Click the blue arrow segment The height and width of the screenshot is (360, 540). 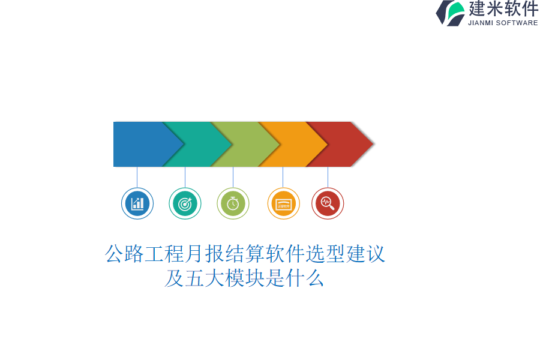click(x=145, y=144)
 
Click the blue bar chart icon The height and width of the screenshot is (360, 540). click(x=137, y=203)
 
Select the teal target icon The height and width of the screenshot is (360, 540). click(x=185, y=203)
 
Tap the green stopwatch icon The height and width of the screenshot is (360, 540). click(x=233, y=203)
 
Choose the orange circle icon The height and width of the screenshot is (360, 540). click(x=283, y=203)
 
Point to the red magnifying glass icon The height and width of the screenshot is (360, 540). click(x=328, y=203)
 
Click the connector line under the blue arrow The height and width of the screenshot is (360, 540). click(x=137, y=177)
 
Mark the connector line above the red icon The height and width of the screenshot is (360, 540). click(x=328, y=177)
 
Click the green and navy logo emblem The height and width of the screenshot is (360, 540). click(x=451, y=13)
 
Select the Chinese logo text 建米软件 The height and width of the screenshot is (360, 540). click(x=503, y=8)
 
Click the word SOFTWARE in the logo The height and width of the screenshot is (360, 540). click(x=517, y=23)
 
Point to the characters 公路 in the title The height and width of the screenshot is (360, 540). click(x=124, y=254)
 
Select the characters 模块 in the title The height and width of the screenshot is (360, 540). click(x=245, y=278)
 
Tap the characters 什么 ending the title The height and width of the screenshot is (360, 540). click(x=304, y=278)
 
